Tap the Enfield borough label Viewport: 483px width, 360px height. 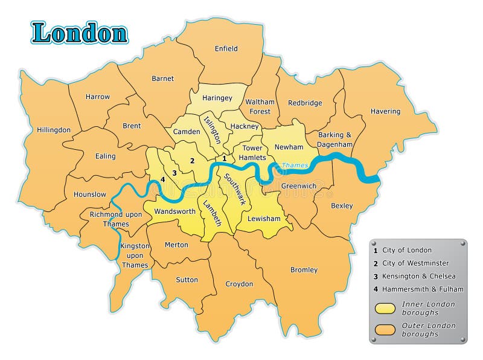(x=226, y=48)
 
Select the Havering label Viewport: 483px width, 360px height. (x=385, y=111)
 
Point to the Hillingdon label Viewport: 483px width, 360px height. (x=54, y=130)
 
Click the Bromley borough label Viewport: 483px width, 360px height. (x=304, y=269)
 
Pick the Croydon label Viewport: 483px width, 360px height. (x=239, y=284)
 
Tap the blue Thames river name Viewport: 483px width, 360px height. (x=295, y=165)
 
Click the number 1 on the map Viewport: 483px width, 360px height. (x=224, y=159)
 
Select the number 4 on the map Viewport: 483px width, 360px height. (x=162, y=180)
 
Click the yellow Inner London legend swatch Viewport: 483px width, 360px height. (x=386, y=308)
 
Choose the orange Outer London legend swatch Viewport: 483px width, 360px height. (x=386, y=329)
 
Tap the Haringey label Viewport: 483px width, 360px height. (x=217, y=97)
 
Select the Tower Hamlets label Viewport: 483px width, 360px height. (x=254, y=153)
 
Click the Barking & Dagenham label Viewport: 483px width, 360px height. (x=335, y=140)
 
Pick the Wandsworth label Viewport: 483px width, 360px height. (x=174, y=211)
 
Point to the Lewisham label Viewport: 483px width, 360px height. (x=264, y=219)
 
